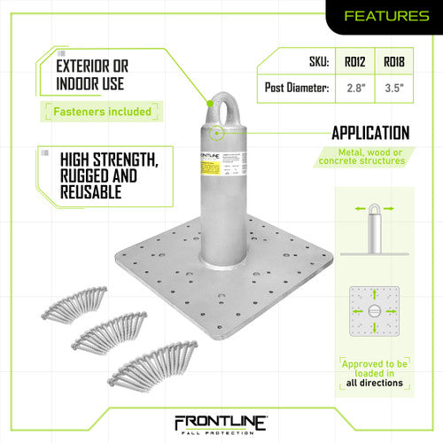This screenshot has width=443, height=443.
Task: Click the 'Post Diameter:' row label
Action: [296, 89]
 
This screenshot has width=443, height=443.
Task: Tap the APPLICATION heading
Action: [370, 134]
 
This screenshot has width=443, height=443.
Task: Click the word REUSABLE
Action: [93, 192]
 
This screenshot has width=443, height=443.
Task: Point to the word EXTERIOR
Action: [92, 66]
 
